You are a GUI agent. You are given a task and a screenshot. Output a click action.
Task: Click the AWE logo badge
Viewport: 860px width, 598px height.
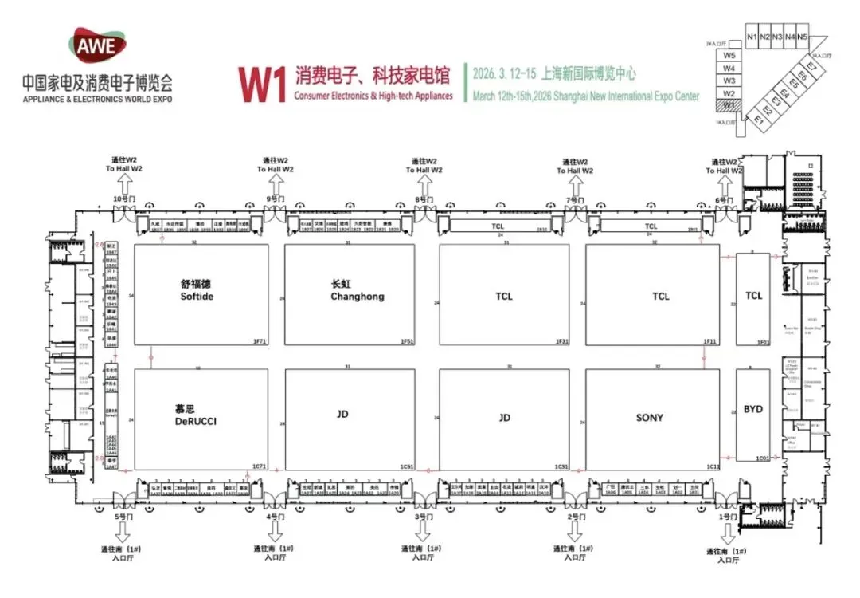[x=96, y=45]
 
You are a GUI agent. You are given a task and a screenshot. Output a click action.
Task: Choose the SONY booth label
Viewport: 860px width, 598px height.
[x=649, y=417]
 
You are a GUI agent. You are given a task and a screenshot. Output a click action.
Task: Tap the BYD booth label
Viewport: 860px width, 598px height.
[x=752, y=409]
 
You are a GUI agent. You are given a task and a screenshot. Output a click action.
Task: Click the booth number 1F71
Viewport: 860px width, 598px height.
[x=259, y=341]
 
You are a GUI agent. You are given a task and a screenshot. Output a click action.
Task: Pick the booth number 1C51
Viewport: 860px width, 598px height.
[x=406, y=466]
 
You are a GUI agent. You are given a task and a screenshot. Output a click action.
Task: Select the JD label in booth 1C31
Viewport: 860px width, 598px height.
[x=504, y=417]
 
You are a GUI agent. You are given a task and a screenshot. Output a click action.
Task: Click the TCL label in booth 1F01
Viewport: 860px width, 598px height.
[x=753, y=296]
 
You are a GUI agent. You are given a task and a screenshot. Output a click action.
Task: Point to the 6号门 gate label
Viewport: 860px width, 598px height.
[x=723, y=199]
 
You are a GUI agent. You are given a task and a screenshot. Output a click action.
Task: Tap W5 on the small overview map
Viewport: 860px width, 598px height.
[x=729, y=56]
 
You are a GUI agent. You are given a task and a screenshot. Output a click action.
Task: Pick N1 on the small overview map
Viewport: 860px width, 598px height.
[x=752, y=37]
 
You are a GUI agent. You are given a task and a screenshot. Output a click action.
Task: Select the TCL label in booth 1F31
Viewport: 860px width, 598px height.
[x=504, y=296]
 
